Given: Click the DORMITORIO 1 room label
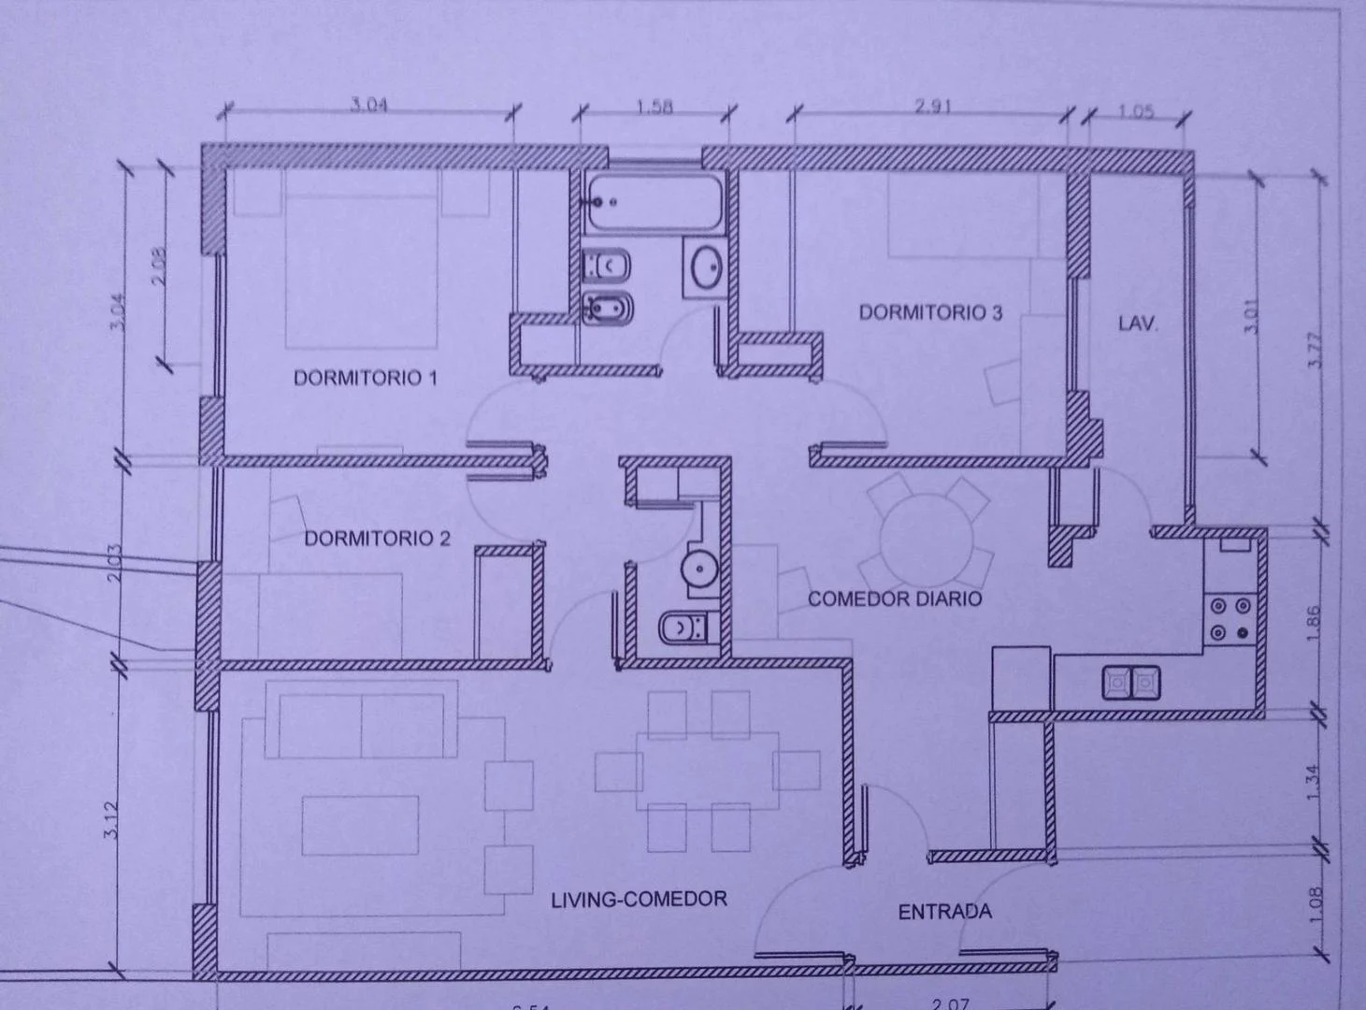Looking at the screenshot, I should (x=366, y=378).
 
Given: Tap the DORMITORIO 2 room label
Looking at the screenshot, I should (x=377, y=539).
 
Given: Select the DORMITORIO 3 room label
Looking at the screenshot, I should (x=930, y=312).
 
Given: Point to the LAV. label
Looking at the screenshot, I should (x=1137, y=325).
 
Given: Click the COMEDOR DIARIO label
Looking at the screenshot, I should (x=895, y=599).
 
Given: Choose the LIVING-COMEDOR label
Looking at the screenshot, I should (x=639, y=899).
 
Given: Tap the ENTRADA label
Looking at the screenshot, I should (x=944, y=911).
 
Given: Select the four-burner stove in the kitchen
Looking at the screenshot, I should (x=1229, y=618).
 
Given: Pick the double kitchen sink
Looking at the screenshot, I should (x=1130, y=682).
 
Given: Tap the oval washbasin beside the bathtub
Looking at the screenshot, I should (x=704, y=268).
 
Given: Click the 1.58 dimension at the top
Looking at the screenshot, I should (x=654, y=107).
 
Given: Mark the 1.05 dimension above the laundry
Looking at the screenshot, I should (x=1135, y=111).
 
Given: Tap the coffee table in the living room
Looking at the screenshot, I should (x=360, y=825).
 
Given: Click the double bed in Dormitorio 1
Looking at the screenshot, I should (x=362, y=262).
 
